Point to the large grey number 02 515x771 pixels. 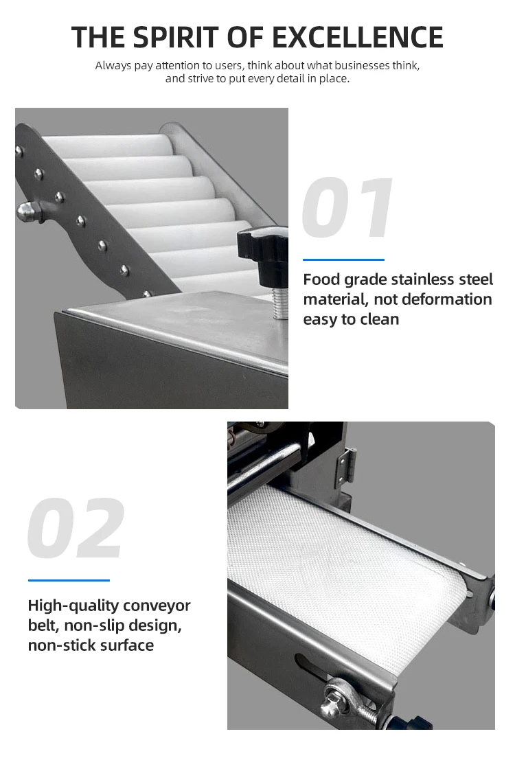click(x=76, y=529)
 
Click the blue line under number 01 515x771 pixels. click(x=343, y=260)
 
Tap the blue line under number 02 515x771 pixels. click(x=69, y=580)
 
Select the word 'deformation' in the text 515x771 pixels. click(x=447, y=299)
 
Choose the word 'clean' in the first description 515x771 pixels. click(x=380, y=319)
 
